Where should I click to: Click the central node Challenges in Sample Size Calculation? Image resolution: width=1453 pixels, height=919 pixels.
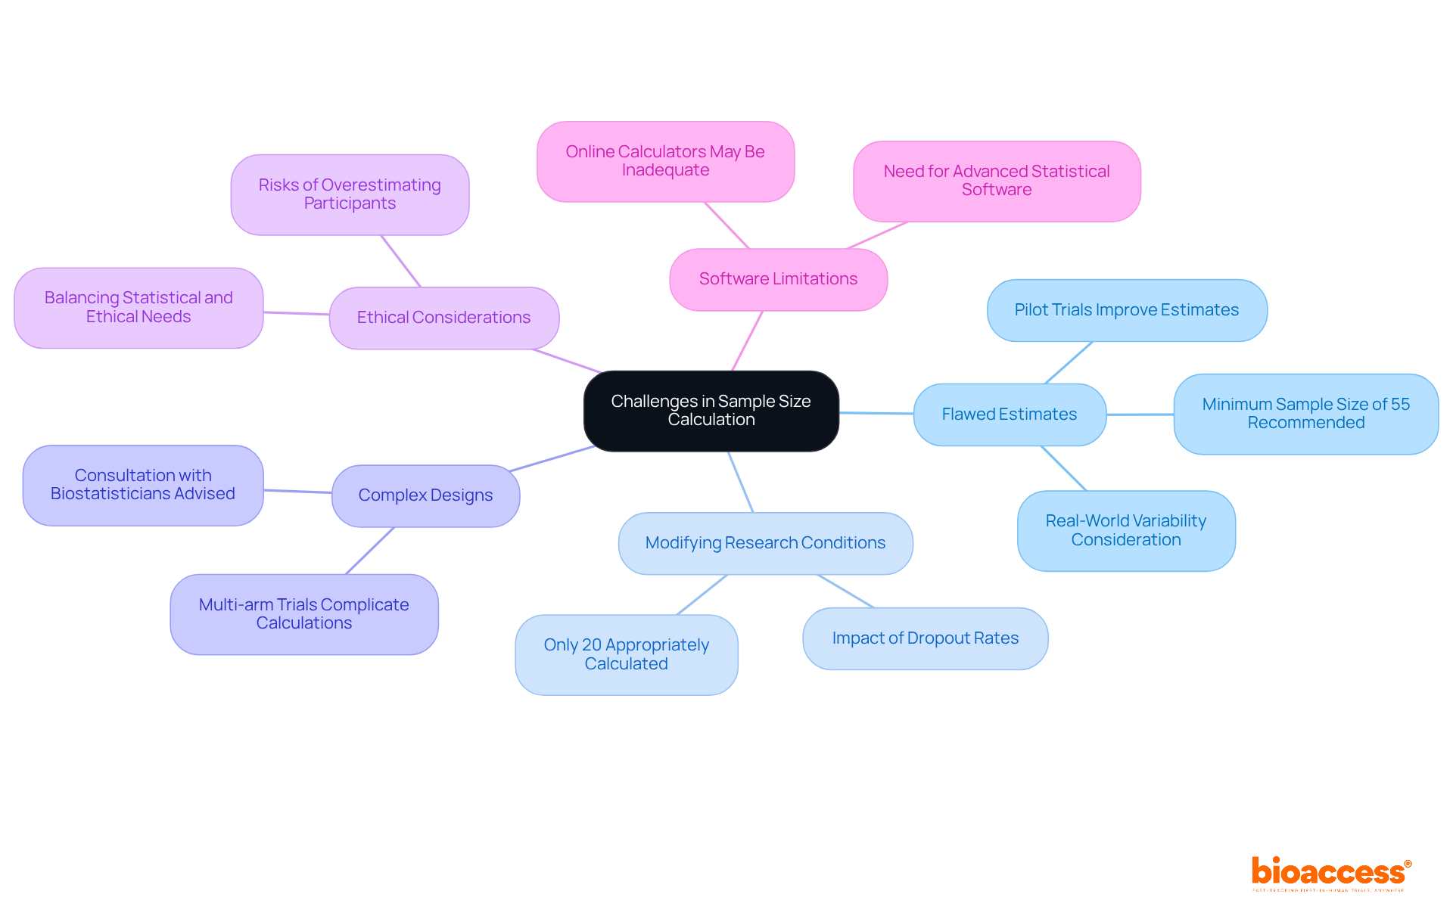[711, 411]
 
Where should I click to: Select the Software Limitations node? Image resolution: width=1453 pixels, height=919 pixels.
[778, 279]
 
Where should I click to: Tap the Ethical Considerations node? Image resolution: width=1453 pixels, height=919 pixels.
[443, 318]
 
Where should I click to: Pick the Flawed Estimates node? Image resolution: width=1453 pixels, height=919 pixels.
[1009, 414]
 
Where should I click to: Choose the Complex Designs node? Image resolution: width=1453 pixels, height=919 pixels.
[425, 495]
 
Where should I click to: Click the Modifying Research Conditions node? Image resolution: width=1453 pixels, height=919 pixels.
[765, 543]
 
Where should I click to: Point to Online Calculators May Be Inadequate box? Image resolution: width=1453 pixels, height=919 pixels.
[665, 161]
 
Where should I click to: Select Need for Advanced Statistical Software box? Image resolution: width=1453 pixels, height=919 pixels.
[996, 181]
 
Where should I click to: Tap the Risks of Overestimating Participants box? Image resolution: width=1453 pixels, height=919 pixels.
[350, 194]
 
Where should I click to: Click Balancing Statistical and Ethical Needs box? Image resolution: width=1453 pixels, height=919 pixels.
[138, 307]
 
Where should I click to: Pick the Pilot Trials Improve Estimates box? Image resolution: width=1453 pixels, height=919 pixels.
[1126, 310]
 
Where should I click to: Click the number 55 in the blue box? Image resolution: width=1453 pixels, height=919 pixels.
[1400, 405]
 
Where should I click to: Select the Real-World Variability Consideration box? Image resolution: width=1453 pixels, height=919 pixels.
[1125, 530]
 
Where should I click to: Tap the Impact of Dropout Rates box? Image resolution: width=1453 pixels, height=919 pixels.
[925, 638]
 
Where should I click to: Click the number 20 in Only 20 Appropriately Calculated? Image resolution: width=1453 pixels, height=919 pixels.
[592, 645]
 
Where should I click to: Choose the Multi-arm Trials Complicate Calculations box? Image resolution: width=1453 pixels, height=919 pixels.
[303, 614]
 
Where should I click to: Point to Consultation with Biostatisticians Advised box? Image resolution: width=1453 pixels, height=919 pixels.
[143, 485]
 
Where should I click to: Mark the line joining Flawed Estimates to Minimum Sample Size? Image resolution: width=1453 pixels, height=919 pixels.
[1140, 414]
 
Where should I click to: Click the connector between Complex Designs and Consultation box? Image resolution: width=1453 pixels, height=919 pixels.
[297, 492]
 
